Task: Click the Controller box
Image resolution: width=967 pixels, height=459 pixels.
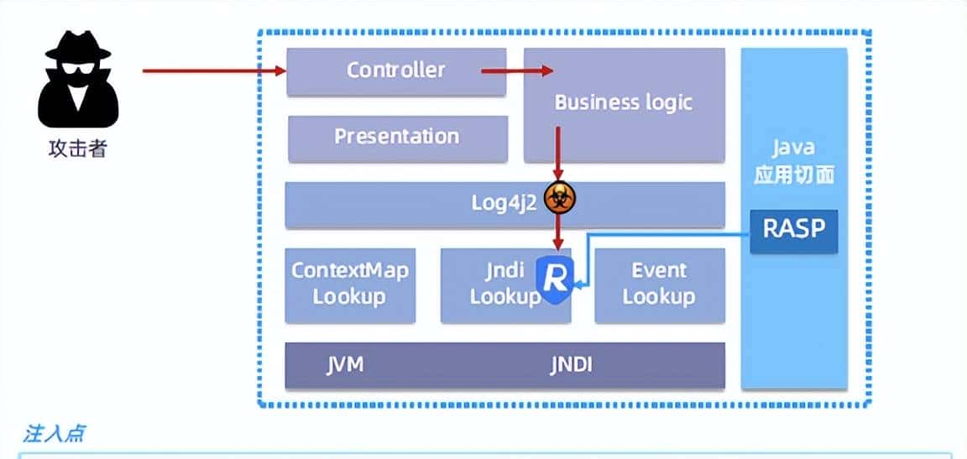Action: point(396,70)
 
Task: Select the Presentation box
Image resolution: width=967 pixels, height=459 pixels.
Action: point(397,137)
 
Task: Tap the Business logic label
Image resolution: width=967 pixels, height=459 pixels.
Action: point(623,102)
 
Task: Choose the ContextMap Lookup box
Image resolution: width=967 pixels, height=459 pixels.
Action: point(350,284)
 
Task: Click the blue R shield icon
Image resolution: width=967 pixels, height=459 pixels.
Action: point(554,277)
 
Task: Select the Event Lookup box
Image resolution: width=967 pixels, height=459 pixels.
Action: point(659,284)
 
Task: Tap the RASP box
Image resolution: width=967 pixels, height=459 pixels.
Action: point(793,229)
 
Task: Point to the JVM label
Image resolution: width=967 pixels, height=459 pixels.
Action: point(345,365)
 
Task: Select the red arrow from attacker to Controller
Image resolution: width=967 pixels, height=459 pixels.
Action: point(214,71)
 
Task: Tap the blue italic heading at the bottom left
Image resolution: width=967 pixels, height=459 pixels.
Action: point(54,434)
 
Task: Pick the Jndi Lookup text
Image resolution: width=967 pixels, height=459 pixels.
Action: point(504,284)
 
